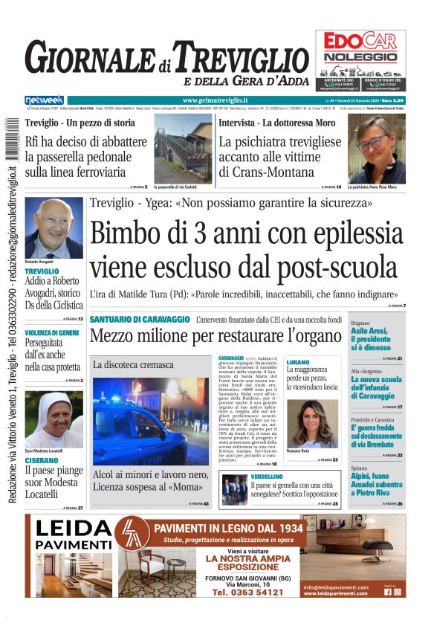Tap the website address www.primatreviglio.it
(x=215, y=100)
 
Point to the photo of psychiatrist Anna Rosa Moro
(x=377, y=149)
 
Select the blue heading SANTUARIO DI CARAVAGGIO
(x=140, y=319)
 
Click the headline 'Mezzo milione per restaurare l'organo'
(x=216, y=336)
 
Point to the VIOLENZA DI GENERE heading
(x=52, y=332)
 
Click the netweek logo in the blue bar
(x=44, y=100)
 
